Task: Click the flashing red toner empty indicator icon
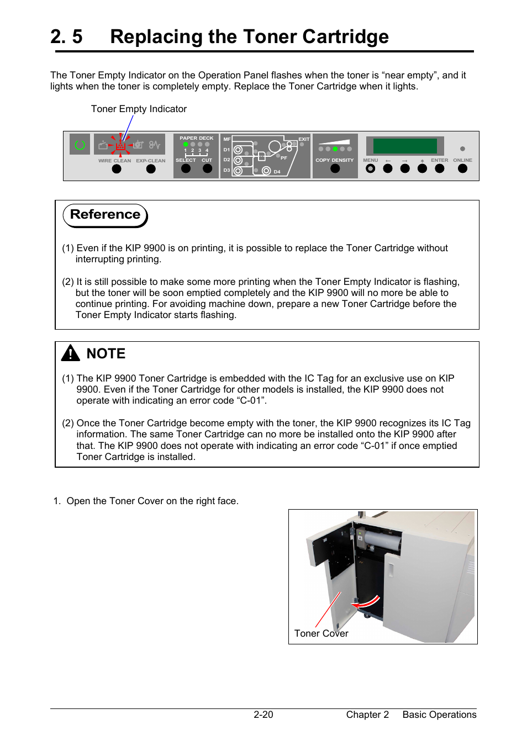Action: pos(120,146)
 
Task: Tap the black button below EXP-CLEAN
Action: pos(151,169)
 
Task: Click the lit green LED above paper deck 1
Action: pos(186,145)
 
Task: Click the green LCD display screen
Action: pos(405,146)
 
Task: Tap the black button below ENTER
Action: pos(440,169)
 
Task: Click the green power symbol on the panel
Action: pos(80,145)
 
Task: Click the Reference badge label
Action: pos(105,215)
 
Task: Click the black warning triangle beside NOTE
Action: pos(71,353)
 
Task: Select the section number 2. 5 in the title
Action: pos(66,36)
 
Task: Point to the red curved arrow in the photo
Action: pos(367,602)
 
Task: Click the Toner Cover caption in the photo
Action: pos(321,633)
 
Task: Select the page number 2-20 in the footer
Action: pos(263,715)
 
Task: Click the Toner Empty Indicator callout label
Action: pos(139,109)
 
